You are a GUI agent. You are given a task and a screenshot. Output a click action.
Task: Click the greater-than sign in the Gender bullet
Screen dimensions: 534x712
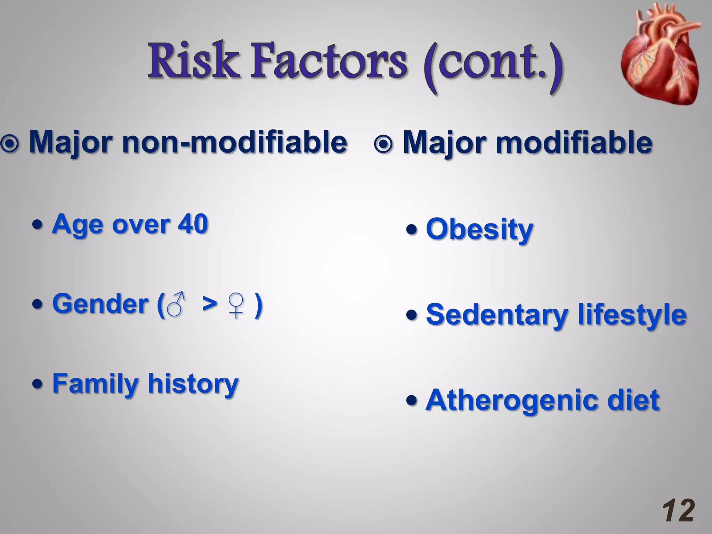[x=210, y=303]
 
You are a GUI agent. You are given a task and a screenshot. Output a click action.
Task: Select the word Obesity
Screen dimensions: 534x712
[x=479, y=229]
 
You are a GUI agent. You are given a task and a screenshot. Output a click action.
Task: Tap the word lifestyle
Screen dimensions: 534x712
[x=632, y=315]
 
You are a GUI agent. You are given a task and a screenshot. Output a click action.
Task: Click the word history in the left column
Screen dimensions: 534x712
[x=193, y=383]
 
